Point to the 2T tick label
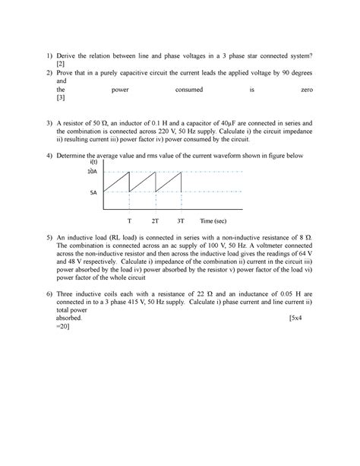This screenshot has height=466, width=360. coord(155,220)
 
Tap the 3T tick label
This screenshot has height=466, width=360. coord(180,220)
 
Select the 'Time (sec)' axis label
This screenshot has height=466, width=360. coord(213,220)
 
